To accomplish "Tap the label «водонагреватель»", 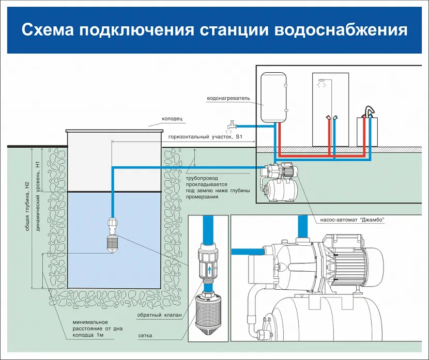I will point(228,98).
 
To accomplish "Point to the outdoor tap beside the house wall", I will point(231,124).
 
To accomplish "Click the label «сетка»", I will point(145,335).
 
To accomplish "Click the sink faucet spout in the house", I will point(368,111).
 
